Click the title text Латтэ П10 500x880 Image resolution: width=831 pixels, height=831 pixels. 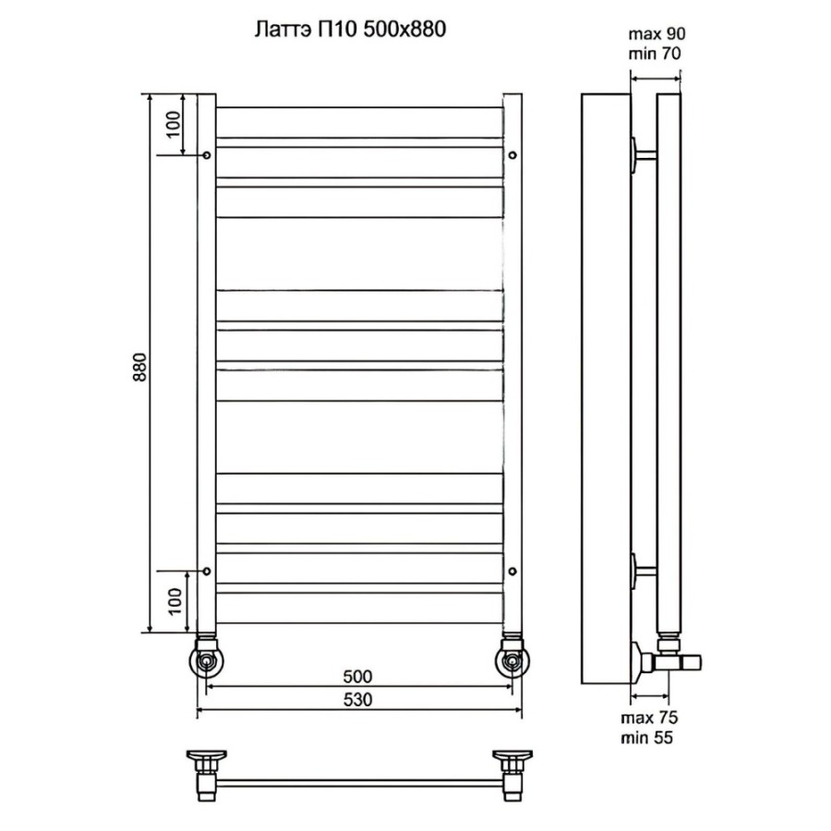click(x=350, y=30)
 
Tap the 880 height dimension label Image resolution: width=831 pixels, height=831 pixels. click(x=140, y=367)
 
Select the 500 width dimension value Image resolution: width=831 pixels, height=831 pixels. click(x=357, y=677)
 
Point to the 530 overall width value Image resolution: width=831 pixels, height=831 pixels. click(x=357, y=700)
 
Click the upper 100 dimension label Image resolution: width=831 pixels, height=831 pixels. click(x=174, y=125)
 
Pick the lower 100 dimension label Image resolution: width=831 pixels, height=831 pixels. click(x=175, y=601)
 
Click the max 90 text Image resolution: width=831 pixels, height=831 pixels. click(x=656, y=34)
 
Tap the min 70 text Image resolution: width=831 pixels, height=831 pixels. click(x=655, y=54)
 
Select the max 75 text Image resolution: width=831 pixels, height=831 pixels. click(x=650, y=718)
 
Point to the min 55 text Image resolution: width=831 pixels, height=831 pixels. click(x=647, y=737)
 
